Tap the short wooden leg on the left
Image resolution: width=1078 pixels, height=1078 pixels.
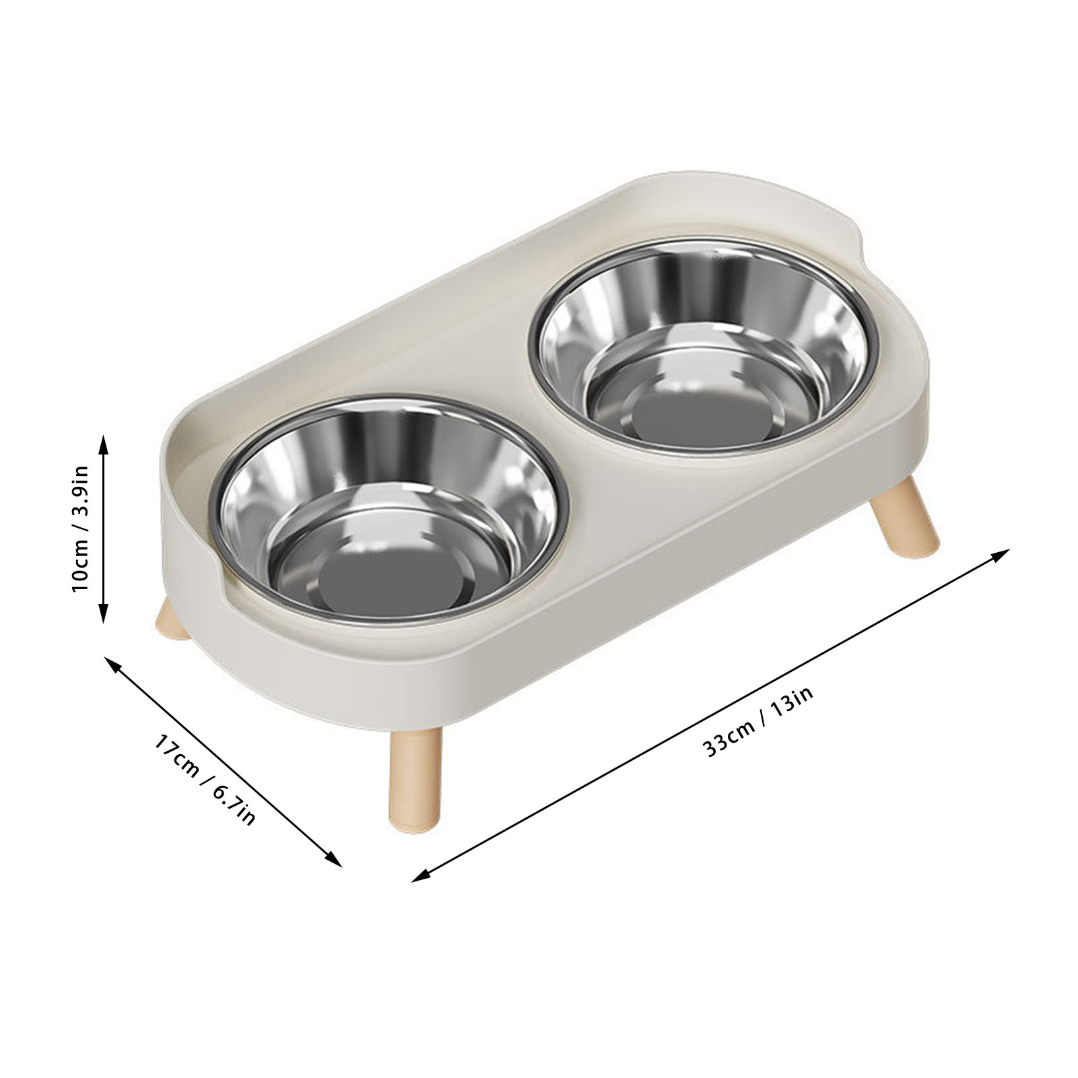171,620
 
